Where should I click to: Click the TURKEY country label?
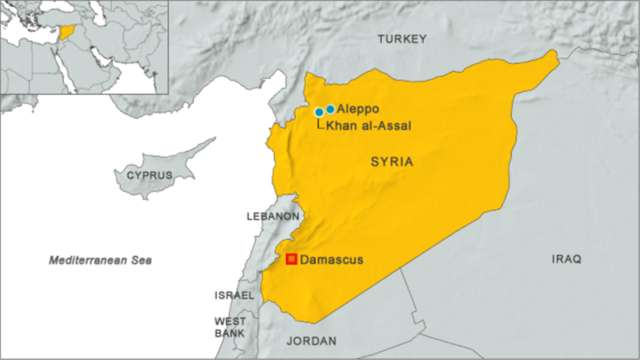pos(402,39)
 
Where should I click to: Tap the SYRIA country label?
pos(392,162)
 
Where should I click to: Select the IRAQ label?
pos(566,259)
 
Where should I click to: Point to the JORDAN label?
pos(311,341)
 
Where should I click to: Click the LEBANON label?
pos(273,217)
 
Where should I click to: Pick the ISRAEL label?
pos(234,295)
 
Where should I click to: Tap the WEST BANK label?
pos(230,327)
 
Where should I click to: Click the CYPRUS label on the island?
pos(149,175)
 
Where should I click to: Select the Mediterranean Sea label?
pos(100,260)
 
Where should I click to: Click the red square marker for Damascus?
pos(291,259)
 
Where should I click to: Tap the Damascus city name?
pos(331,260)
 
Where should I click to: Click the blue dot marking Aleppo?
pos(330,109)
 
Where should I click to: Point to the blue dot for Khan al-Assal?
pos(319,112)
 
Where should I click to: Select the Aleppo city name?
pos(358,109)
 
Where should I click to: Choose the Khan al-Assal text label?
pos(368,126)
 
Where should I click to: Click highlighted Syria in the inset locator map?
pos(67,32)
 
